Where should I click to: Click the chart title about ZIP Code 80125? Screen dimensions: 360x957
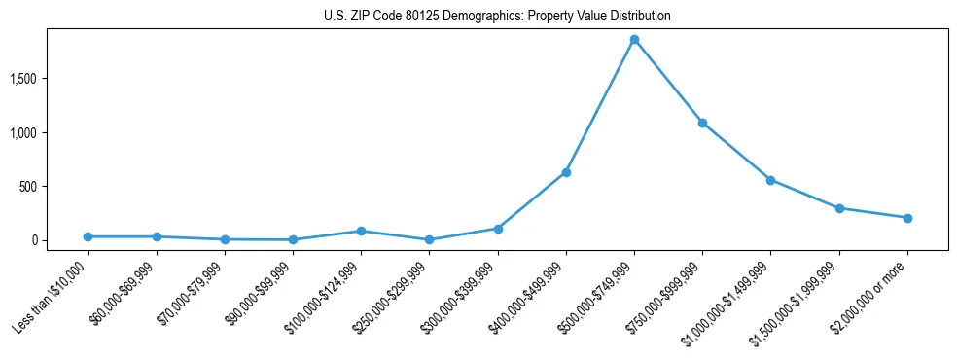point(497,17)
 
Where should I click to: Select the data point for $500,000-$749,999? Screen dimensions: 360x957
point(634,40)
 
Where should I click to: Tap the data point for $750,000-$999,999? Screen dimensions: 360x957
point(702,123)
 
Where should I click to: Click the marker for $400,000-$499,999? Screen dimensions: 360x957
point(566,172)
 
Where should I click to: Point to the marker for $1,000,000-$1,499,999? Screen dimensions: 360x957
point(770,180)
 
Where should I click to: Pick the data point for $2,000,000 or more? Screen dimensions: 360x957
point(907,218)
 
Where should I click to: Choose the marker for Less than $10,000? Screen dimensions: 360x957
point(88,236)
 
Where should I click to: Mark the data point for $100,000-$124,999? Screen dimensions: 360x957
point(361,231)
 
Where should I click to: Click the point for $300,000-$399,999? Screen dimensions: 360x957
point(498,229)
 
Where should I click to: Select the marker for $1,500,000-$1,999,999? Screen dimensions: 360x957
point(839,208)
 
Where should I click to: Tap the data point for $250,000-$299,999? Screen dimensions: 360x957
point(429,239)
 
